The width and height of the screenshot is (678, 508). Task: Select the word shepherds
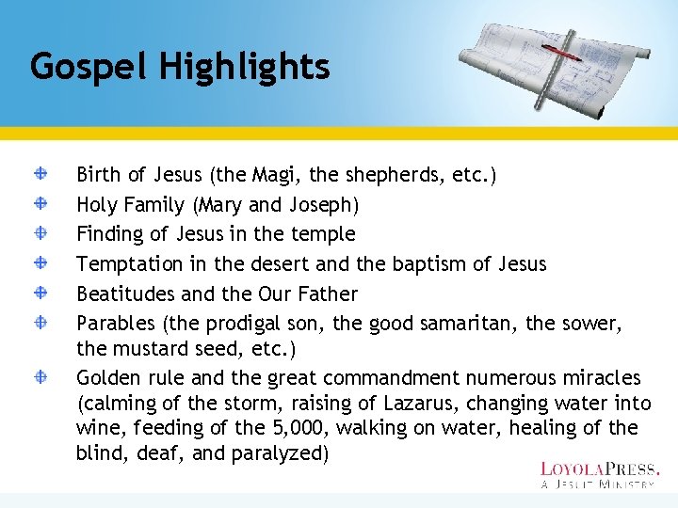pyautogui.click(x=389, y=175)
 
